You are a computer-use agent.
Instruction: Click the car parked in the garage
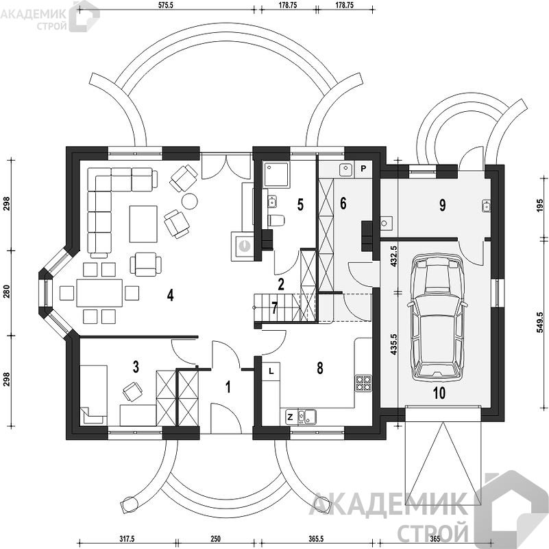coord(437,319)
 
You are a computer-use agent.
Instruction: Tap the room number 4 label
coord(170,296)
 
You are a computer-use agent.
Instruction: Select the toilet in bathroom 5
coord(276,220)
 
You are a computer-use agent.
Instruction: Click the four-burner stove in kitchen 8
coord(363,383)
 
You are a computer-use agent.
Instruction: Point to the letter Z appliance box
coord(290,417)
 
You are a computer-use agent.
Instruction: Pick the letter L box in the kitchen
coord(271,371)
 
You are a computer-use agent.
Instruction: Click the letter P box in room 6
coord(363,169)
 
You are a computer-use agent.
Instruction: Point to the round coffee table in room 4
coord(189,201)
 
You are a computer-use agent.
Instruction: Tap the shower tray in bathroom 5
coord(277,174)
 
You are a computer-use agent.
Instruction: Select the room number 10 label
coord(439,393)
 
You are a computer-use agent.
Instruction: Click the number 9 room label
coord(442,205)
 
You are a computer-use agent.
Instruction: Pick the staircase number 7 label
coord(274,308)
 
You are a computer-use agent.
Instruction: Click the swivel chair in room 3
coord(132,391)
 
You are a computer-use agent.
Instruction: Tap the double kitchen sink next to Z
coord(306,417)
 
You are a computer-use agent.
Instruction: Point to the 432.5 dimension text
coord(393,257)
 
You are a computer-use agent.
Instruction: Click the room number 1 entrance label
coord(228,388)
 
